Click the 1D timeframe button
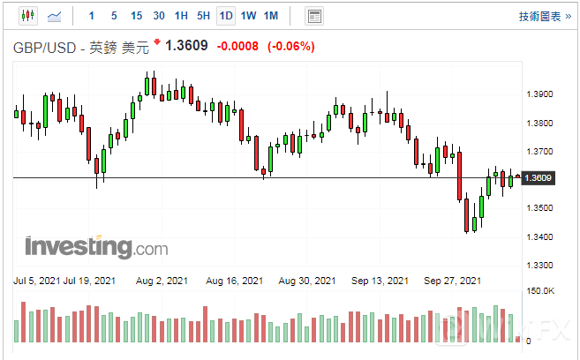tap(225, 16)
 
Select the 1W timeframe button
tap(248, 16)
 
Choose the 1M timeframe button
tap(271, 16)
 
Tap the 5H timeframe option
tap(203, 16)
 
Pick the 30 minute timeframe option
tap(158, 16)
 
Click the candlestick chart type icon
tap(26, 16)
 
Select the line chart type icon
tap(55, 16)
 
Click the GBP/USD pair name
tap(45, 47)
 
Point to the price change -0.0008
tap(237, 47)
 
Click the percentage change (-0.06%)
tap(290, 47)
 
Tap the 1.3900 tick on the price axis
tap(539, 94)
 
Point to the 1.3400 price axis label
tap(539, 236)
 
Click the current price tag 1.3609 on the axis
tap(538, 178)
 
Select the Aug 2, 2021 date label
tap(162, 281)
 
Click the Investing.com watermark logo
tap(96, 246)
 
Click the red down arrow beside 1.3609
tap(157, 42)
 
